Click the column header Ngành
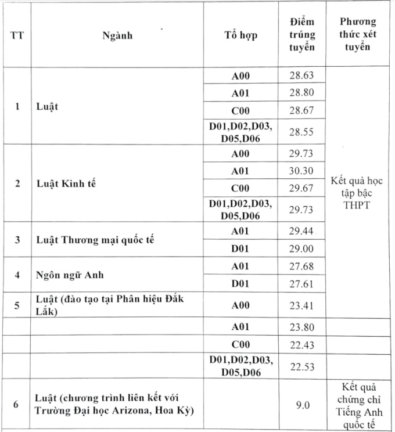coord(117,35)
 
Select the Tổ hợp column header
coord(240,35)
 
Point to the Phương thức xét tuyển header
coord(357,34)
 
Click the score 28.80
coord(301,92)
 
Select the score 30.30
coord(301,171)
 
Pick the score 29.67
coord(301,189)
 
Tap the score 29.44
coord(301,231)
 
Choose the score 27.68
coord(301,266)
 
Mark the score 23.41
coord(301,303)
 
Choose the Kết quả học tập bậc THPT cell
coord(357,193)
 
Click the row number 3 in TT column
coord(17,239)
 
